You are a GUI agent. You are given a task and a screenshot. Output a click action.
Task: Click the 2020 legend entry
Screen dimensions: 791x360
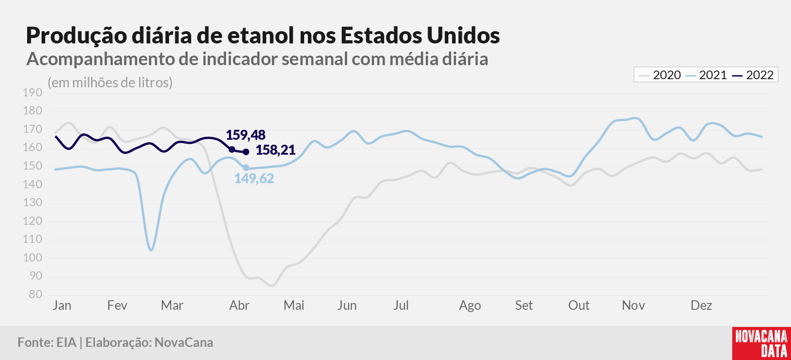tap(660, 75)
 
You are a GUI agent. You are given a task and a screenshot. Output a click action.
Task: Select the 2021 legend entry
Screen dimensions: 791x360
tap(706, 75)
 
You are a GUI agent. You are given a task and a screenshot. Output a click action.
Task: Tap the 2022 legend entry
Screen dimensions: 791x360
tap(753, 75)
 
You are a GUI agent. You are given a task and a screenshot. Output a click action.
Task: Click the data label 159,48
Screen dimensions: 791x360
tap(245, 135)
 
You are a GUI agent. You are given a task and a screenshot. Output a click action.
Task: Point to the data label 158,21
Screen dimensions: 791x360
tap(275, 150)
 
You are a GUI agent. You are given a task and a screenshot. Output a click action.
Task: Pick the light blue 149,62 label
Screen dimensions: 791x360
tap(254, 178)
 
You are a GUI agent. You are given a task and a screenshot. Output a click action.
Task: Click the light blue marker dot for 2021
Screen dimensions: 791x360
tap(246, 168)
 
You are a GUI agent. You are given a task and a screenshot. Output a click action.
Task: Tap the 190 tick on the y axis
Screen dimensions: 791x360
tap(33, 93)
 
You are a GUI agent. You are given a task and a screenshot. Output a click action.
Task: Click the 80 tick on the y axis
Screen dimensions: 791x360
tap(36, 294)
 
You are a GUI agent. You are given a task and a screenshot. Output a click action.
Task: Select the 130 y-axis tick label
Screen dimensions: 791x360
tap(33, 203)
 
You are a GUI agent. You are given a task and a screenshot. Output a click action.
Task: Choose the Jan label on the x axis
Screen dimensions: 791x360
tap(62, 306)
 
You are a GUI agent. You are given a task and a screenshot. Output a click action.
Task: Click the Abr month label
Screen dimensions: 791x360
tap(239, 306)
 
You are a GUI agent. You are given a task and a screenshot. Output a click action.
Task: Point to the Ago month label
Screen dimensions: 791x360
tap(470, 306)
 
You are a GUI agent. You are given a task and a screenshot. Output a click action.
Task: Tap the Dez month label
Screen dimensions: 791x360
tap(701, 306)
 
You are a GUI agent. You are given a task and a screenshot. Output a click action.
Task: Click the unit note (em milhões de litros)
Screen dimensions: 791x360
tap(110, 83)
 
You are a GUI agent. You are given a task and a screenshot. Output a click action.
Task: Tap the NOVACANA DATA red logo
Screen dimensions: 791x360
tap(762, 343)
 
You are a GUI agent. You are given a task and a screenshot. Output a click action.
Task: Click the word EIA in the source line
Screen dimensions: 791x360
tap(66, 342)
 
